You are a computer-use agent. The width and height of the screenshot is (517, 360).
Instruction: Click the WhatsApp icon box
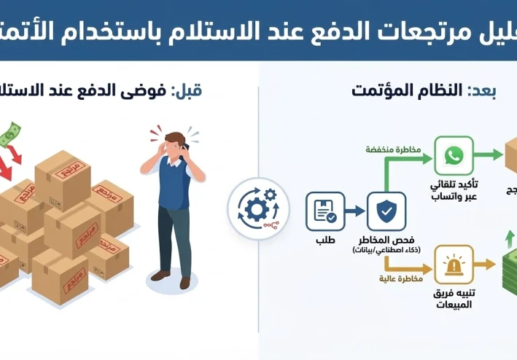pyautogui.click(x=454, y=155)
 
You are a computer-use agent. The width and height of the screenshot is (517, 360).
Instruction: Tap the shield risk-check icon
pyautogui.click(x=386, y=211)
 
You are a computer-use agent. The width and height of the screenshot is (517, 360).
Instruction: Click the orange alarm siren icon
pyautogui.click(x=454, y=264)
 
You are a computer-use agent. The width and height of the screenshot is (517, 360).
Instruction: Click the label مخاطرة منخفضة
pyautogui.click(x=394, y=149)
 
